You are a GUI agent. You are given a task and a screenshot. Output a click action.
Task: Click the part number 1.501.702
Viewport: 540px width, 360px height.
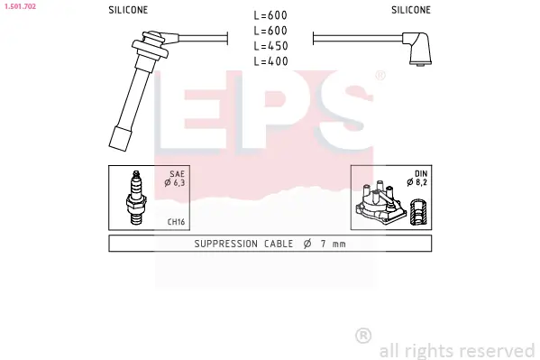pos(20,6)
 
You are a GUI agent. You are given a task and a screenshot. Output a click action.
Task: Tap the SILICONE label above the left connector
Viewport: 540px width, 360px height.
pos(128,10)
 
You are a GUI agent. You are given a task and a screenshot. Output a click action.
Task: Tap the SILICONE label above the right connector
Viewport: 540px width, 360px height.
pos(411,10)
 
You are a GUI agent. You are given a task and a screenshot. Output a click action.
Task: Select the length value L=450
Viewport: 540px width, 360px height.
pos(270,46)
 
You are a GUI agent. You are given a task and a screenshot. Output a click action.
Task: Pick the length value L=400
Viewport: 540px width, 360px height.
pos(270,61)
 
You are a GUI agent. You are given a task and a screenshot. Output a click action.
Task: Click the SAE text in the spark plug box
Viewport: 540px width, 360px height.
pos(177,174)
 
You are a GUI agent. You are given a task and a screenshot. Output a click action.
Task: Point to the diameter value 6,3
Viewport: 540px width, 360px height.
pos(179,183)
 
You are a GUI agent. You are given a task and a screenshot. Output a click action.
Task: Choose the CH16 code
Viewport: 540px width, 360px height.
pos(176,222)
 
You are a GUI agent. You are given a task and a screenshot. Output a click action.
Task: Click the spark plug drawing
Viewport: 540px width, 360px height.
pos(136,198)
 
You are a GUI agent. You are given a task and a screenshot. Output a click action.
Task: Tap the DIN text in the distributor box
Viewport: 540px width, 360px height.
pos(421,174)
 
